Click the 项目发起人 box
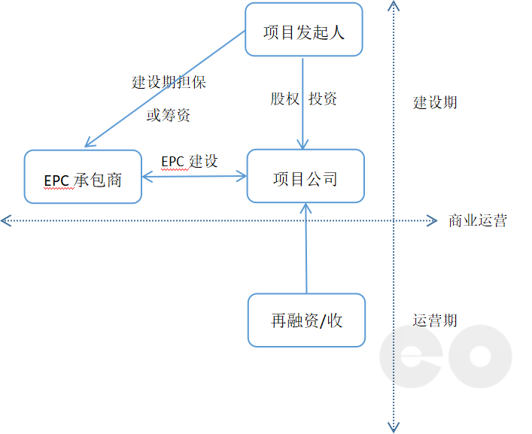pos(303,30)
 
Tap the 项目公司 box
pos(306,178)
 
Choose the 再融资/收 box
pos(307,320)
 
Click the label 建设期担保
pos(169,82)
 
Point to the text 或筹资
pos(169,115)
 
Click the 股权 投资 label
pos(304,99)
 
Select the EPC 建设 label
pos(190,161)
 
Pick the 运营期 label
pos(435,320)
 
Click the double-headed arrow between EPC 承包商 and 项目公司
pos(194,178)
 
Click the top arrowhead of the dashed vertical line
pos(393,6)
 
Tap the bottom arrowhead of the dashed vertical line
pos(393,428)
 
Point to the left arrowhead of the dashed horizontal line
pos(5,221)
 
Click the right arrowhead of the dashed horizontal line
pos(432,221)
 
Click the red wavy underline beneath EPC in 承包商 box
pos(56,187)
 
